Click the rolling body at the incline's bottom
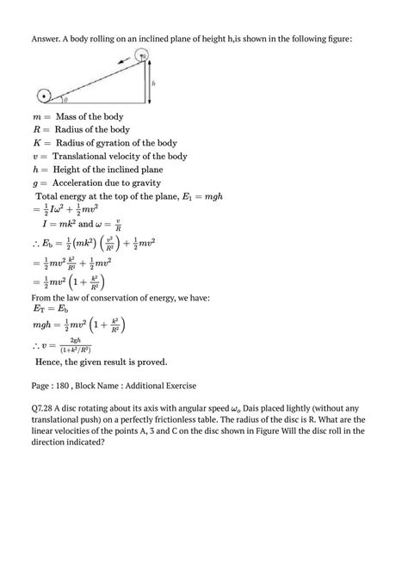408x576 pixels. point(44,94)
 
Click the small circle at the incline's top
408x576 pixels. point(144,57)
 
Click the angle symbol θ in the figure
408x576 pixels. point(63,100)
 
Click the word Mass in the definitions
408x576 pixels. point(69,116)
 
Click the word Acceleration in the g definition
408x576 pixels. point(88,183)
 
